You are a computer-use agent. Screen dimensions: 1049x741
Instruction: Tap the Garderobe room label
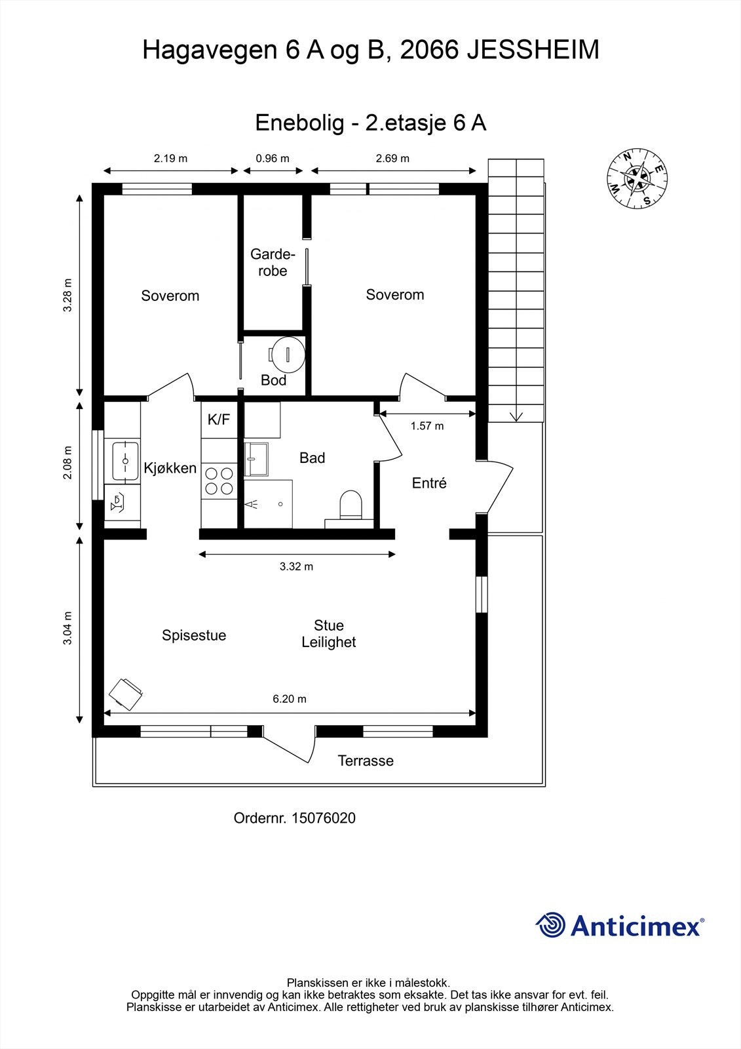point(273,262)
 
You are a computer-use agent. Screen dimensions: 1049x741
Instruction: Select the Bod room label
point(273,380)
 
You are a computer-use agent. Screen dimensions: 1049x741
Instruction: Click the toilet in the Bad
point(351,505)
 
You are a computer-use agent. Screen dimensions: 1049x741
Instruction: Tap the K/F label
point(219,420)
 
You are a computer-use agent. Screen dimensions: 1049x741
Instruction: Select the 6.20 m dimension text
point(290,699)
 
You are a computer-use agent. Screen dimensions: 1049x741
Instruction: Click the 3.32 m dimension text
point(296,566)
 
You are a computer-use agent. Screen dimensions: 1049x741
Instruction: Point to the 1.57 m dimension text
point(427,426)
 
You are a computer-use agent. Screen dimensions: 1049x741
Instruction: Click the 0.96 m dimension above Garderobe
point(273,158)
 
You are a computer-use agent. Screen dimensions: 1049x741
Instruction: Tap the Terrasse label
point(366,761)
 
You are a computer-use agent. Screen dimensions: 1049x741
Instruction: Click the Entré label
point(429,483)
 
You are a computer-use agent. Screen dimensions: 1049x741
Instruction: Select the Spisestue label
point(194,635)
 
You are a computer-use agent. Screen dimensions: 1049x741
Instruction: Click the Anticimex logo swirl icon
point(550,925)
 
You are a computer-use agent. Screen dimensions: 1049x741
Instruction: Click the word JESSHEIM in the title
point(532,50)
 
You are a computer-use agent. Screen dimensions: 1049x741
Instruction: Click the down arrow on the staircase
point(516,415)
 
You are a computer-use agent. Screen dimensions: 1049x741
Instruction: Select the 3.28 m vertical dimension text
point(68,296)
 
